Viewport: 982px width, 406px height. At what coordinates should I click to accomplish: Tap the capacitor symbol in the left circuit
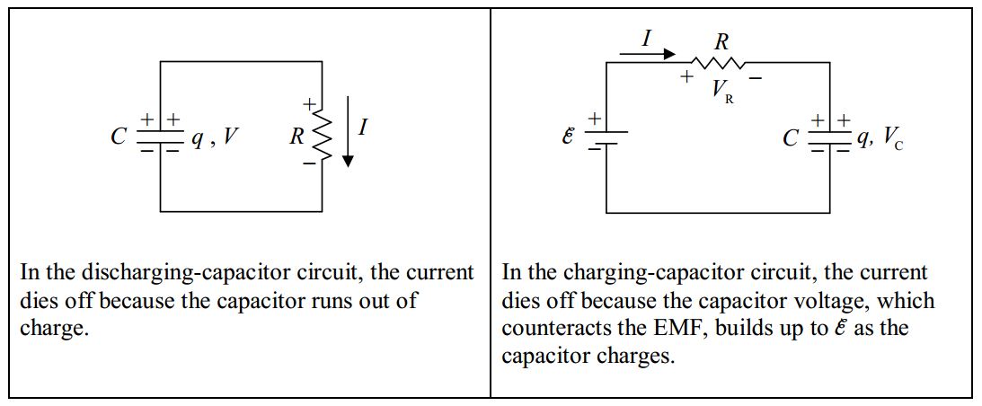tap(161, 137)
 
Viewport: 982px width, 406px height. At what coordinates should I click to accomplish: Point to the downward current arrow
tap(349, 144)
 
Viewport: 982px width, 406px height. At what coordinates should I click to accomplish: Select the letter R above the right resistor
tap(721, 40)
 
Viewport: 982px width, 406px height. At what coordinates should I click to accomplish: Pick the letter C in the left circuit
tap(118, 137)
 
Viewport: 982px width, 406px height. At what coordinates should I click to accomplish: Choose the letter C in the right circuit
tap(790, 138)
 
